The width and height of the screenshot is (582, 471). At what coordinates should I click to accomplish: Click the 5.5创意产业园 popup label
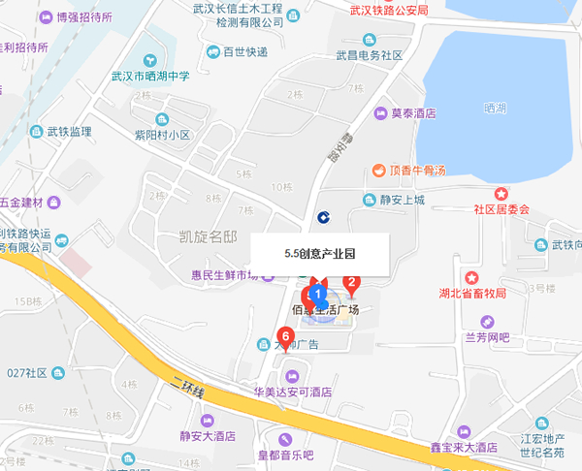(x=320, y=254)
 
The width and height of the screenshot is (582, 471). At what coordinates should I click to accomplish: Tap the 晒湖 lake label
(x=494, y=110)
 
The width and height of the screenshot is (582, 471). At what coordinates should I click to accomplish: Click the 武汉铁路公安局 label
(x=387, y=9)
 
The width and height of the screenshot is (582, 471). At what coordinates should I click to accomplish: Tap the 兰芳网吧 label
(x=487, y=337)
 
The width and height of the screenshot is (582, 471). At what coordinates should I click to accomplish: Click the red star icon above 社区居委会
(x=501, y=194)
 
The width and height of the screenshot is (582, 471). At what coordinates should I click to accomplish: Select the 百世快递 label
(x=245, y=52)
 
